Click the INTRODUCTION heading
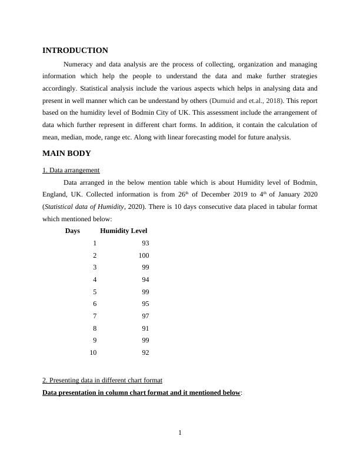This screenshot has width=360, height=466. (x=75, y=51)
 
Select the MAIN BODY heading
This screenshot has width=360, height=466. (x=66, y=154)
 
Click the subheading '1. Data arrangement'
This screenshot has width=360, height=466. (x=71, y=171)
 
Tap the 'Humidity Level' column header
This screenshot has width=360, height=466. (x=124, y=231)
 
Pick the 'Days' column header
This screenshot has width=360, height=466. (x=72, y=231)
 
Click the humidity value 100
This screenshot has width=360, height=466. (x=144, y=255)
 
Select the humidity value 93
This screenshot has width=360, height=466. (x=145, y=243)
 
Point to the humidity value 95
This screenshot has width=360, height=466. (x=145, y=304)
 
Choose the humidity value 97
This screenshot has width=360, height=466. (x=145, y=316)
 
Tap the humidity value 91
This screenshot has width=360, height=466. (x=145, y=328)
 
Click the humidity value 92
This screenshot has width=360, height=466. (x=145, y=353)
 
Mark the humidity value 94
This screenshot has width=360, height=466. (x=145, y=279)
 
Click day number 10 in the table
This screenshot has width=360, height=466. (x=93, y=353)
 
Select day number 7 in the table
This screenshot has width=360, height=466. (x=95, y=316)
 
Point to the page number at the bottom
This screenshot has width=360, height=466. (x=180, y=433)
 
